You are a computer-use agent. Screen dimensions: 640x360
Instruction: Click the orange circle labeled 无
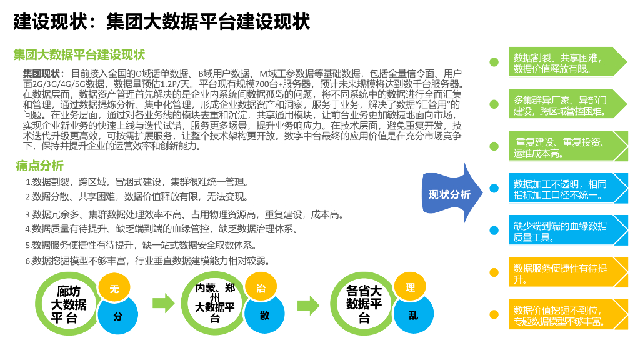(114, 289)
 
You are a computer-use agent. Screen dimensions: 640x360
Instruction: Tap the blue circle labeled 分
(117, 316)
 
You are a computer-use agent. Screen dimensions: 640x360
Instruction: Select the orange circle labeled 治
(261, 289)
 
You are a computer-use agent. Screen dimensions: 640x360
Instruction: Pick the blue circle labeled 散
(264, 316)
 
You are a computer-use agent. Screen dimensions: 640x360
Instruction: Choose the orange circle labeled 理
(410, 288)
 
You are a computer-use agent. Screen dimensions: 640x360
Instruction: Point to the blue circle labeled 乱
(413, 316)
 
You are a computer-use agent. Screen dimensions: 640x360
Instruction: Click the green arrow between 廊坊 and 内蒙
(164, 304)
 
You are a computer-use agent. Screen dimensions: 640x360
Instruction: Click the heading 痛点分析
(40, 166)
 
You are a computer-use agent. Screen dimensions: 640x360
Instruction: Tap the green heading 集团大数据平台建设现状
(79, 55)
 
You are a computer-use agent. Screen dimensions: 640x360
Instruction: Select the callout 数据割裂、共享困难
(566, 62)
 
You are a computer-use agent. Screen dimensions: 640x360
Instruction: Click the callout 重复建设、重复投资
(566, 146)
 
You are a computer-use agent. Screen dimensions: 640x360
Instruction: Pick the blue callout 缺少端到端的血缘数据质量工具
(566, 231)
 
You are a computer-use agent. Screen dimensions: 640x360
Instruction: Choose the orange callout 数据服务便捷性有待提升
(566, 273)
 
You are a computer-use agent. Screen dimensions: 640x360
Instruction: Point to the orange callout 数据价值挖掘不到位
(566, 316)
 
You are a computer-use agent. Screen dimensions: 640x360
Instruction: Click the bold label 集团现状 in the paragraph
(43, 73)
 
